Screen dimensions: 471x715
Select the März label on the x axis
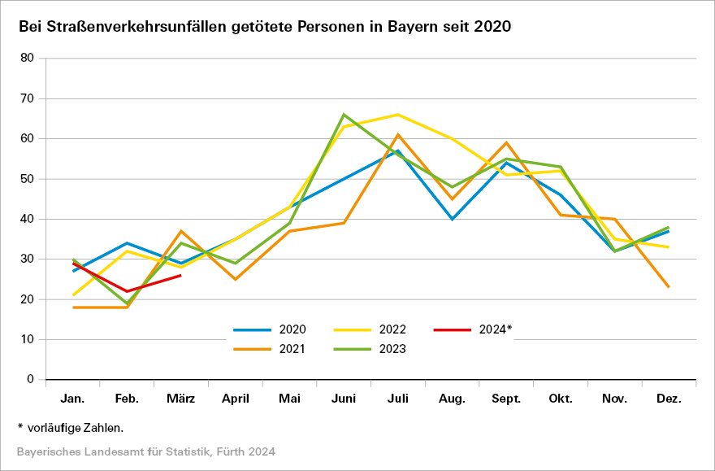pyautogui.click(x=181, y=399)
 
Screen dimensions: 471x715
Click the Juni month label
pyautogui.click(x=344, y=399)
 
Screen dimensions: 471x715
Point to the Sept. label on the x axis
pyautogui.click(x=506, y=399)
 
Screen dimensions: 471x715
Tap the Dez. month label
pyautogui.click(x=669, y=399)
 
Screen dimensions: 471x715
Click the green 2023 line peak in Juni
pyautogui.click(x=344, y=115)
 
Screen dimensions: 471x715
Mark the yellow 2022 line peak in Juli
pyautogui.click(x=398, y=115)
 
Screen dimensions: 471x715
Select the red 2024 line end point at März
pyautogui.click(x=181, y=275)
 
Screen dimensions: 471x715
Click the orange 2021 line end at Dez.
pyautogui.click(x=669, y=287)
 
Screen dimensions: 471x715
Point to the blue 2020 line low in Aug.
pyautogui.click(x=452, y=219)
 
